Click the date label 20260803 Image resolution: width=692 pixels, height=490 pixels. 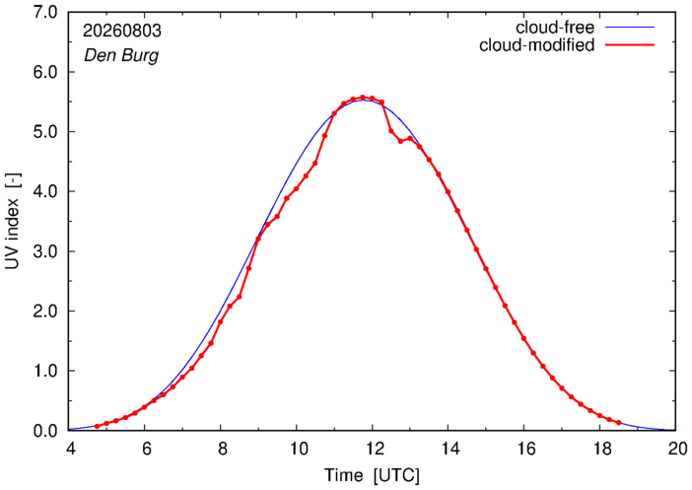tap(122, 31)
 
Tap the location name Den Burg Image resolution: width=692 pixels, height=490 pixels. tap(121, 55)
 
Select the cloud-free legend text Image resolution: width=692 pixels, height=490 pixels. tap(555, 28)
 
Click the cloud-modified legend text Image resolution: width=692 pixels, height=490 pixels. tap(536, 45)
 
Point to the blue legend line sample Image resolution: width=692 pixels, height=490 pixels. tap(629, 28)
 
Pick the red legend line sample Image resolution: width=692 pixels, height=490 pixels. tap(629, 45)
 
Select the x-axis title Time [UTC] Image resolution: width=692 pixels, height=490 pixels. tap(372, 475)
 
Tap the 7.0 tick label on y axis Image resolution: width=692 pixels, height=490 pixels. tap(45, 13)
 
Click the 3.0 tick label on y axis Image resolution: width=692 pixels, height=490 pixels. tap(45, 251)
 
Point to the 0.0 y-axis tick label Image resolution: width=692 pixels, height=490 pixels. tap(45, 431)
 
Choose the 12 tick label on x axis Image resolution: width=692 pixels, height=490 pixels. tap(372, 449)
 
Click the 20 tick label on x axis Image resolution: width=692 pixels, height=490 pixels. tap(676, 449)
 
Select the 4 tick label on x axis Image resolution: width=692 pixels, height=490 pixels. tap(71, 449)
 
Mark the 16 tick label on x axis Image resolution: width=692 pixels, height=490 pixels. tap(523, 449)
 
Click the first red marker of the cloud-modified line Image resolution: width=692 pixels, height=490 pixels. tap(97, 427)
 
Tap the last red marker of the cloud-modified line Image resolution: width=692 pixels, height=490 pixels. tap(619, 423)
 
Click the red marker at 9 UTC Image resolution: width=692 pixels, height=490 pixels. tap(258, 239)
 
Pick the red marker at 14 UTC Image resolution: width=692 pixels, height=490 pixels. tap(448, 192)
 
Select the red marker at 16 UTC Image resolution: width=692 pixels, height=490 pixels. tap(523, 338)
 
